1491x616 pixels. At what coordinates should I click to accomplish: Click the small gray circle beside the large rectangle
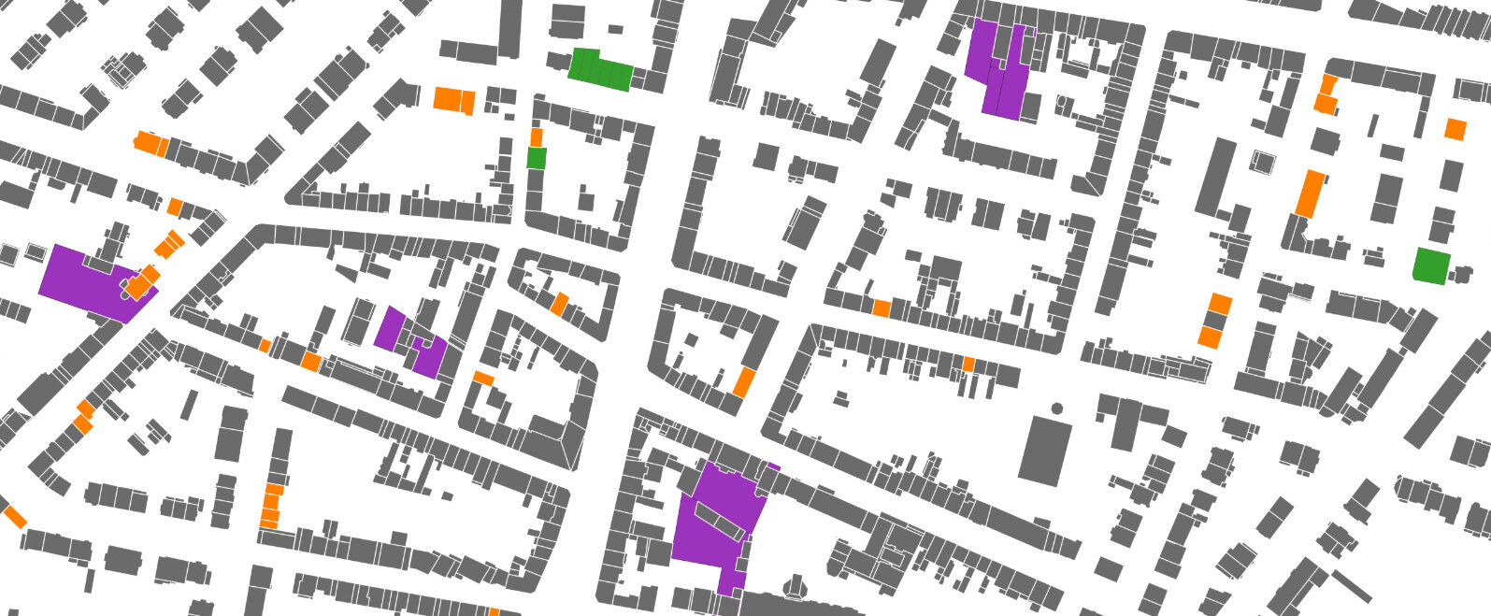coord(1056,408)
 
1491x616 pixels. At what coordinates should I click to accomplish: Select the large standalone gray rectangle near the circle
coord(1044,451)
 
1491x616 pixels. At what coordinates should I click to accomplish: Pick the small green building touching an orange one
coord(536,157)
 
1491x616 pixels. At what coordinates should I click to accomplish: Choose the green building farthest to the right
coord(1430,265)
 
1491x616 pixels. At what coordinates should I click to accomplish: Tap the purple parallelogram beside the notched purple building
coord(389,328)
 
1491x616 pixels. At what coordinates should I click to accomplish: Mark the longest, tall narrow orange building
coord(1311,193)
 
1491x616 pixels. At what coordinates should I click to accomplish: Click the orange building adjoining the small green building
coord(536,137)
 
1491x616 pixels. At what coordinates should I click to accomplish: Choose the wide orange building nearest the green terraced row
coord(454,100)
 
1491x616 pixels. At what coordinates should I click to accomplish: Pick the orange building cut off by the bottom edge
coord(494,612)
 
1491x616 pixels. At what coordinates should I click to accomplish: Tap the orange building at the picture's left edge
coord(15,516)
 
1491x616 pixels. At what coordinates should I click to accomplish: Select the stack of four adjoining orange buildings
coord(271,506)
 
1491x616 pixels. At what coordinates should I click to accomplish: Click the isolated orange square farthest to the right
coord(1455,129)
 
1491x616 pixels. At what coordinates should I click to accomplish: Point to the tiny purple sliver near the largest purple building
coord(773,466)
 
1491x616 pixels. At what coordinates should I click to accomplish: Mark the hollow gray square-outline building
coord(1263,162)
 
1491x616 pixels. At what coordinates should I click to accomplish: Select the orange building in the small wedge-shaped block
coord(559,303)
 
